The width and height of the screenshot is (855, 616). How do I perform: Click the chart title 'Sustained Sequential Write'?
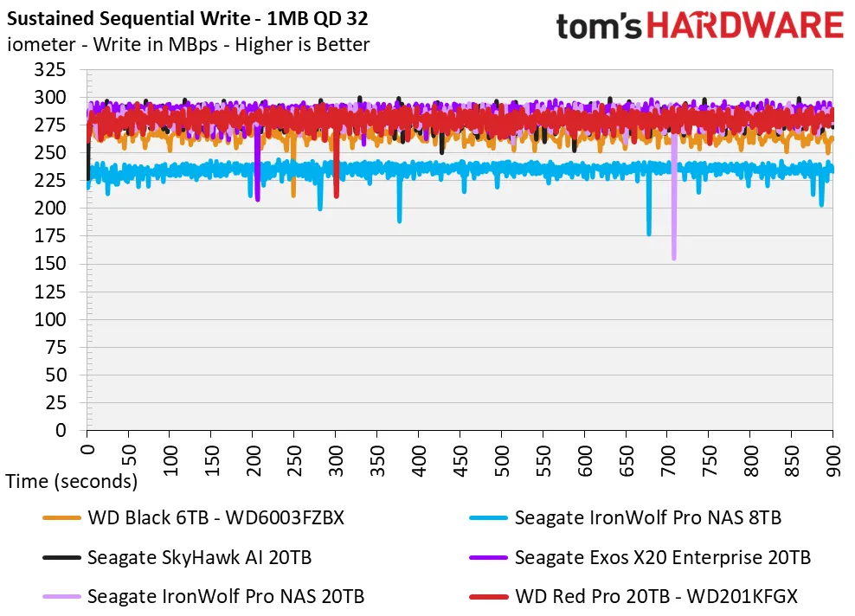pos(128,18)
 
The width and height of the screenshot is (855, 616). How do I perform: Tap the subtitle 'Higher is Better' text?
pos(302,44)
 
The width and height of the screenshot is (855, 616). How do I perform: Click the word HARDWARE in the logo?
pos(745,26)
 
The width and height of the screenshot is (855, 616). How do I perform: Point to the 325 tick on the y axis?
pos(49,70)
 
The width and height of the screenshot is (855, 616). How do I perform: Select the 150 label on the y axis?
pos(49,263)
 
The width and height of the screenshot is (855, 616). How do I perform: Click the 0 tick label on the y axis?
pos(61,431)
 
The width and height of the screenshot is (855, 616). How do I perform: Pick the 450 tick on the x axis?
pos(460,461)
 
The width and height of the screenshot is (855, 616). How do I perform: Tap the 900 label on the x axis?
pos(833,461)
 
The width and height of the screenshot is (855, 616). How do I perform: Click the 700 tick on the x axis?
pos(667,461)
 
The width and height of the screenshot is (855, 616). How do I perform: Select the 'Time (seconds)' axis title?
pos(72,481)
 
